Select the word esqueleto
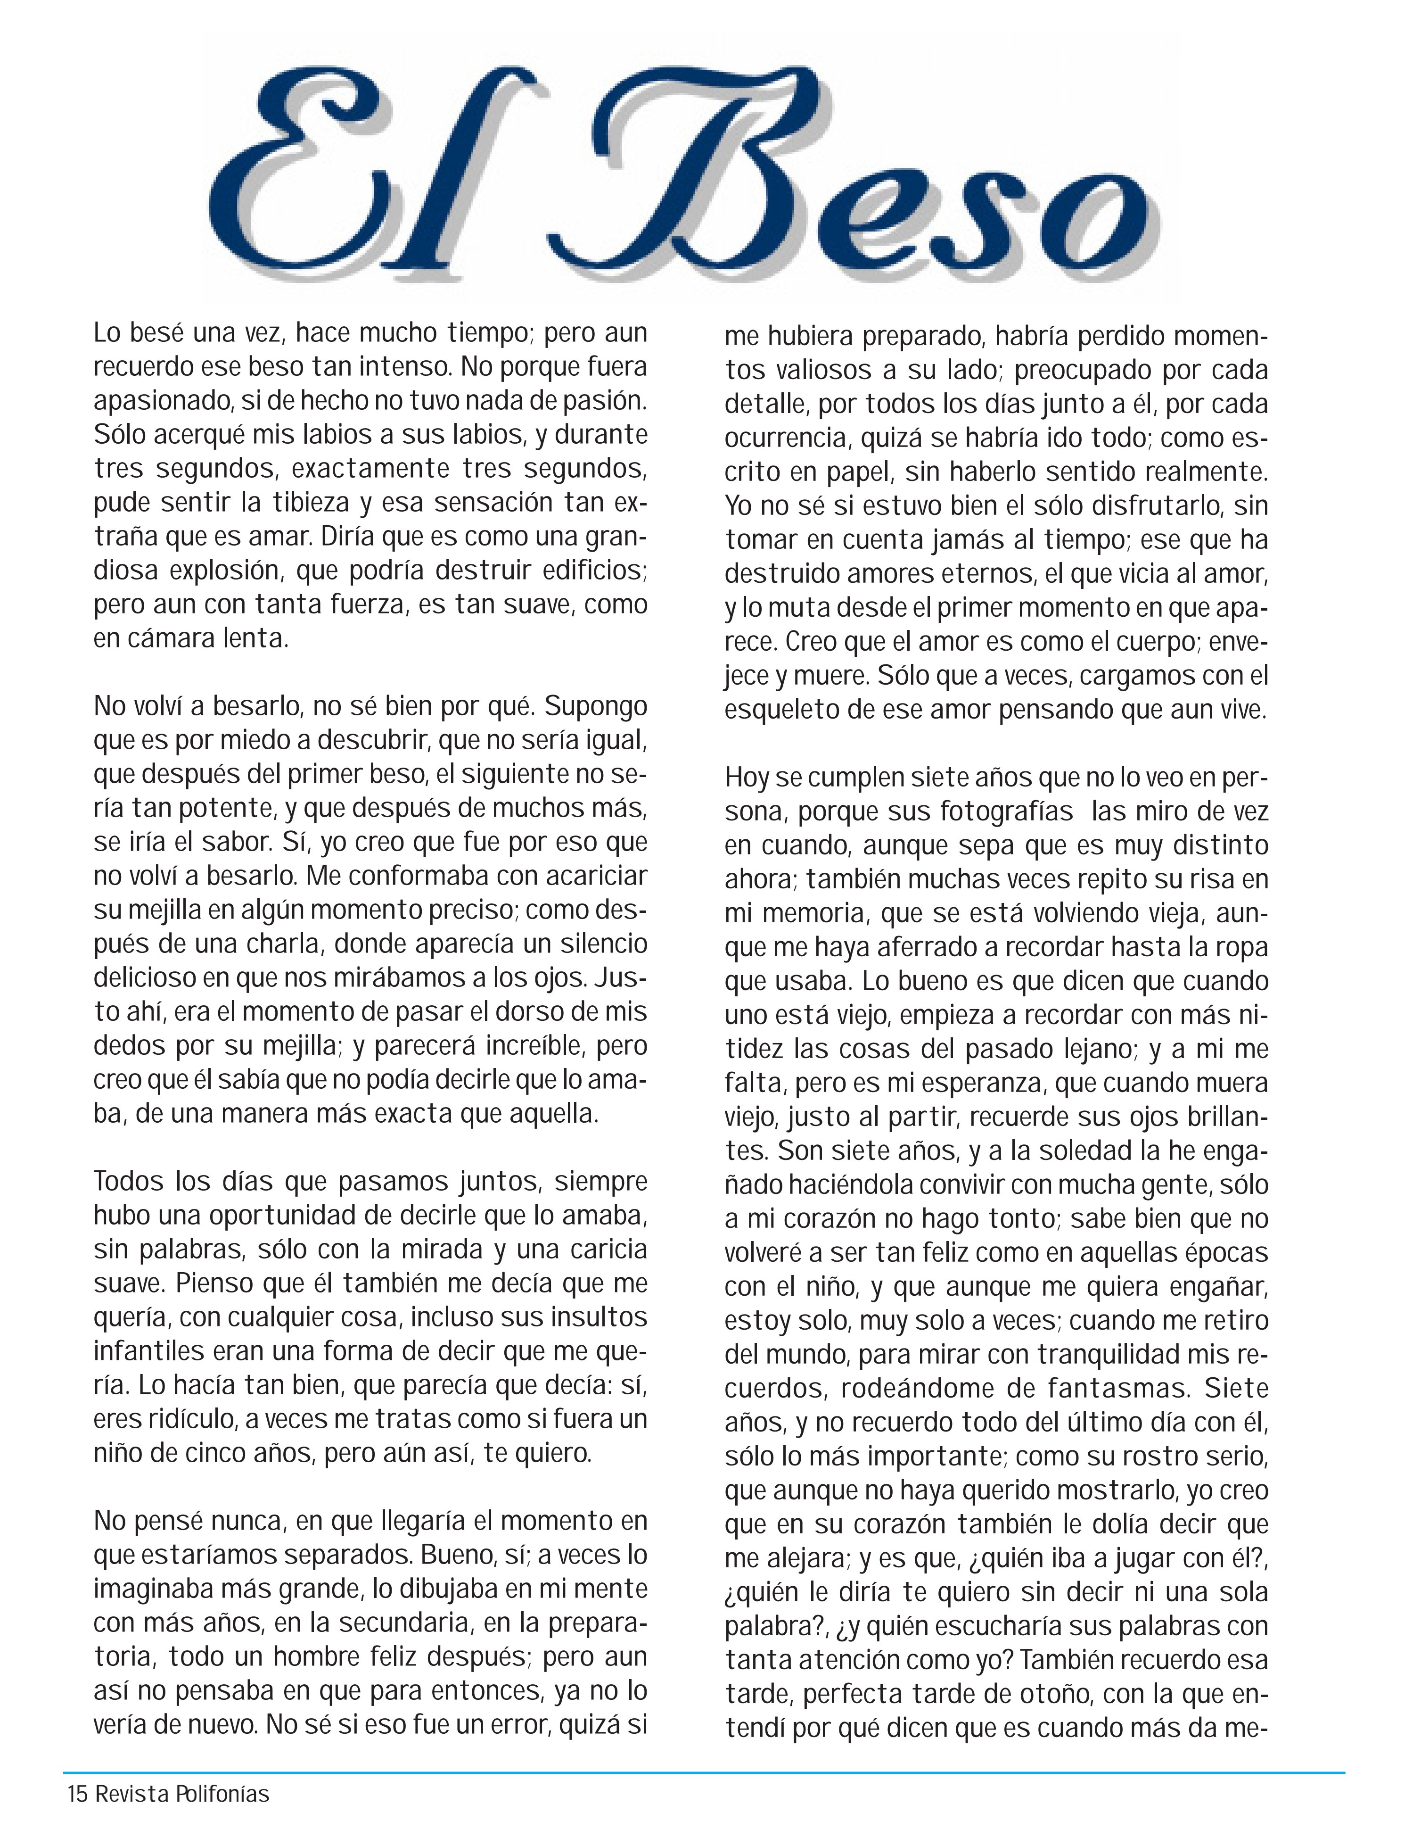click(x=781, y=710)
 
